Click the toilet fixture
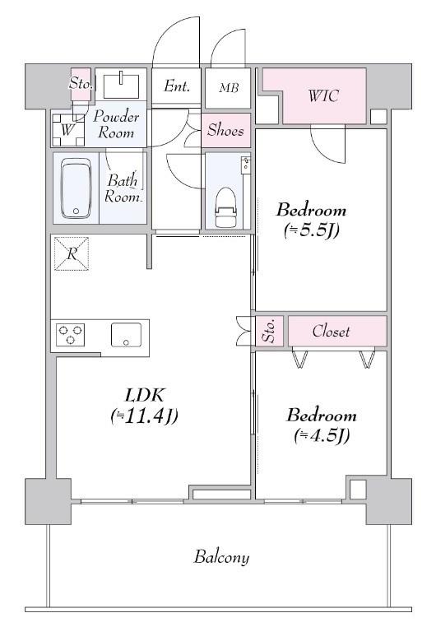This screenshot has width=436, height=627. coord(225,207)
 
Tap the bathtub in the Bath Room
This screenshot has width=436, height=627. coord(76,188)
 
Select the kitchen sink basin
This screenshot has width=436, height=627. coord(126,334)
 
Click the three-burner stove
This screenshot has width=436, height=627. coord(71,334)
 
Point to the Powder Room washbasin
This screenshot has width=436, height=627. coord(121,86)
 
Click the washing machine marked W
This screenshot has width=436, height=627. coord(67,130)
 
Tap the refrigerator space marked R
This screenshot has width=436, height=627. coord(72,253)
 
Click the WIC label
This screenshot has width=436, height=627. coord(323,96)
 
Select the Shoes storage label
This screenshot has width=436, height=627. coord(225,130)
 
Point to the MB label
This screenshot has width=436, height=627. coord(229,87)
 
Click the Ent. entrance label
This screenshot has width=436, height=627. coord(177,86)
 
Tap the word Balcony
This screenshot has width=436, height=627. coord(222,557)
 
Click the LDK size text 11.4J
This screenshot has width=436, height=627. coord(144,416)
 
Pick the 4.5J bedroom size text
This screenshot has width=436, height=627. coord(322,435)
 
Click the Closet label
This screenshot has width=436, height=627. coord(332,331)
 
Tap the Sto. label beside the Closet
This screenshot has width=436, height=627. coord(270,331)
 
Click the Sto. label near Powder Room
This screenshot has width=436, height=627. coord(81,84)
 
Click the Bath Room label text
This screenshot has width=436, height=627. coord(123,188)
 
